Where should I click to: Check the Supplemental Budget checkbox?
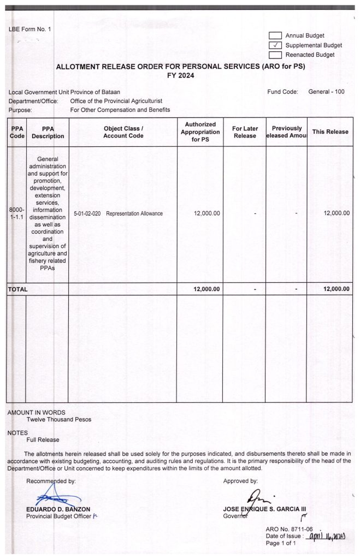(x=275, y=45)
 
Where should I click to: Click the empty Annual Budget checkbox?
(x=275, y=36)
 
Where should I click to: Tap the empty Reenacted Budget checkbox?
(x=275, y=55)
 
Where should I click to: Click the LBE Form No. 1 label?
(x=29, y=29)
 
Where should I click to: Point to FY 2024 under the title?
(x=180, y=76)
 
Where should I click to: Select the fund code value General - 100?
(x=326, y=92)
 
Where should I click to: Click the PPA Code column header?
(x=16, y=132)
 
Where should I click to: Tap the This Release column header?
(x=330, y=132)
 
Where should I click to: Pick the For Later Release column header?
(x=245, y=132)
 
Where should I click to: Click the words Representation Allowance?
(x=134, y=213)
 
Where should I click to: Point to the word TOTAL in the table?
(x=17, y=289)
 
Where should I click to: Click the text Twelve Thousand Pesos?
(x=59, y=420)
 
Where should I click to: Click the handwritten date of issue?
(x=324, y=537)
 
